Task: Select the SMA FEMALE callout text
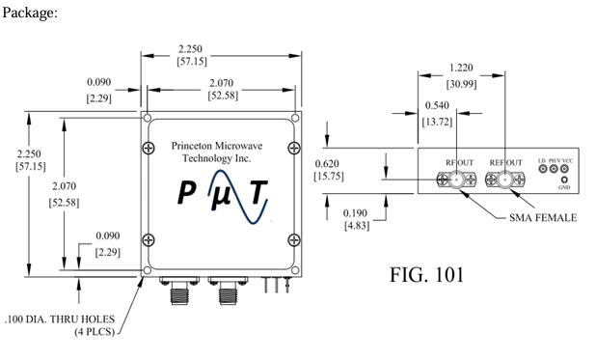[543, 218]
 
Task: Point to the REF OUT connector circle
[504, 180]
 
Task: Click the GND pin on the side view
[564, 180]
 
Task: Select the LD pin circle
[544, 169]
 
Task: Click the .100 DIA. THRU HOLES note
[59, 318]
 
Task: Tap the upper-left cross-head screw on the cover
[148, 148]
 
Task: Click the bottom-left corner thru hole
[146, 271]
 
